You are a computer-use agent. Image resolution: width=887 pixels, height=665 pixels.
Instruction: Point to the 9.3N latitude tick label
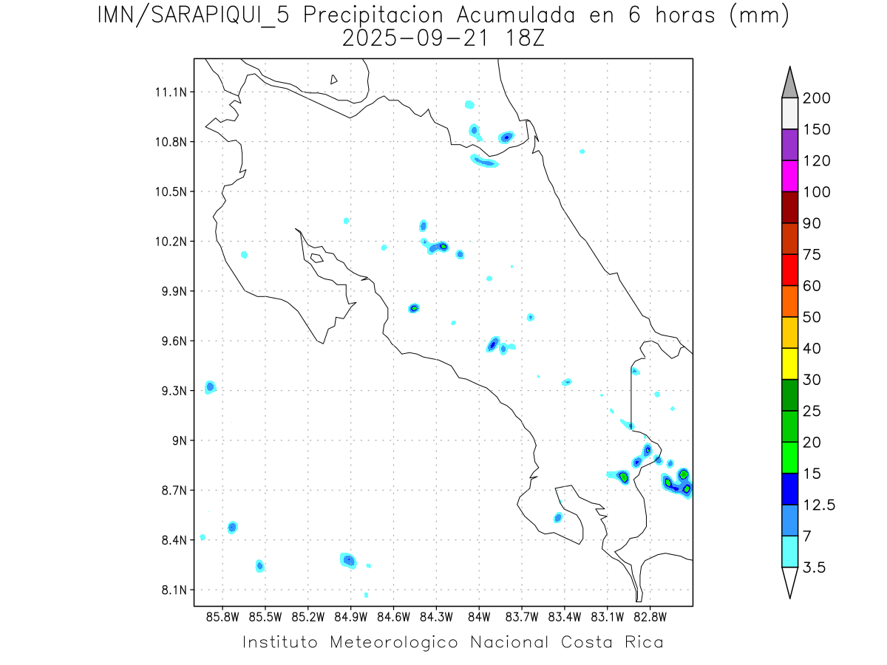coord(173,391)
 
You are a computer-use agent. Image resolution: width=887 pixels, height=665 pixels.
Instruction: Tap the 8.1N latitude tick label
coord(173,590)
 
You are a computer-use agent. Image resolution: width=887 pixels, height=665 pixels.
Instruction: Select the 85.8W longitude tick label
coord(223,615)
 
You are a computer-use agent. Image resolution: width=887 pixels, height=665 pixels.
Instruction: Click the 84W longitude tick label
coord(479,615)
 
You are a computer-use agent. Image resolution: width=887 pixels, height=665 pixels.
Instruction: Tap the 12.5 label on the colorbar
coord(818,505)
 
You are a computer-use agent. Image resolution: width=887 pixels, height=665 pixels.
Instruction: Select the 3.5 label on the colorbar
coord(814,567)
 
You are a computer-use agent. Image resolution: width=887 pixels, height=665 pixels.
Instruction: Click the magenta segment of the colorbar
coord(789,176)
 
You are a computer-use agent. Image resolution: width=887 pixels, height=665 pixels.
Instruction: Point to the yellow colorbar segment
coord(789,364)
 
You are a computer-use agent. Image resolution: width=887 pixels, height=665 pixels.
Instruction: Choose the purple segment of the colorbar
coord(789,145)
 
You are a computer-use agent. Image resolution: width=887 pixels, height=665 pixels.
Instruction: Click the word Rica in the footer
coord(642,642)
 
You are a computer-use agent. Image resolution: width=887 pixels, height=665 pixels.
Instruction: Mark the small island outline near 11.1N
coord(334,80)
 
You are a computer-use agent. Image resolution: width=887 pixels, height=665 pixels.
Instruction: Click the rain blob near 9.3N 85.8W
coord(211,386)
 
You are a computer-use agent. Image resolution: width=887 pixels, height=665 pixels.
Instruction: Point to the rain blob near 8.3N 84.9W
coord(348,560)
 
